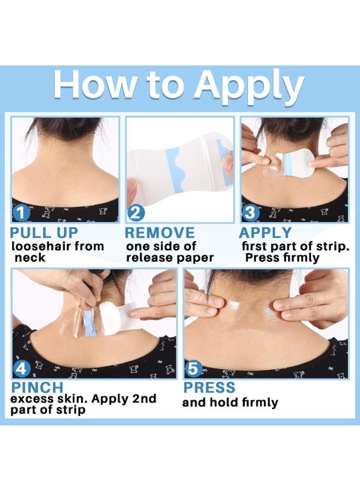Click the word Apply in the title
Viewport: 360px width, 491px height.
click(x=249, y=86)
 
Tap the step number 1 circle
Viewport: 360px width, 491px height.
click(x=21, y=213)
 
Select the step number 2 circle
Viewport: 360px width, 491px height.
click(x=136, y=213)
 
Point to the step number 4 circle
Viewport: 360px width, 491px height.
click(x=21, y=369)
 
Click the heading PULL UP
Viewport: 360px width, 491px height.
click(x=44, y=233)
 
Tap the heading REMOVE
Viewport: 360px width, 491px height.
click(x=160, y=233)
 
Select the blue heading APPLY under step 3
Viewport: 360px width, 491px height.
click(x=265, y=233)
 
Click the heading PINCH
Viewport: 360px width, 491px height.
click(x=37, y=387)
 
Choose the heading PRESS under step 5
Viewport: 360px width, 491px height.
click(x=209, y=387)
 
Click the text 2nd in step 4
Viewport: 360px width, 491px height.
click(x=144, y=399)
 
